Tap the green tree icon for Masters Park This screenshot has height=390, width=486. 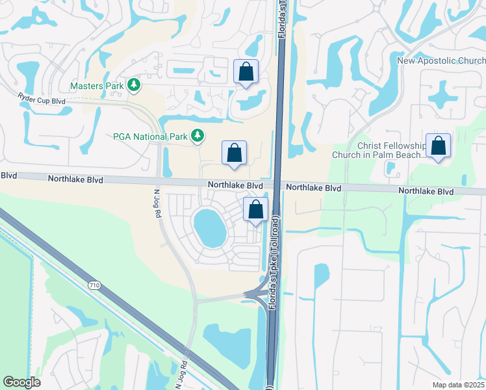tap(134, 85)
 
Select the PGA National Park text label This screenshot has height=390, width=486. tap(149, 136)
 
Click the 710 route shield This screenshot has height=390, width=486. tap(96, 285)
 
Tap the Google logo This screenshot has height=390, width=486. tap(22, 382)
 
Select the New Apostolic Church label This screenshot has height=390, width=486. tap(441, 61)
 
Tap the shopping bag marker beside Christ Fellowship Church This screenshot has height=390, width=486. tap(439, 147)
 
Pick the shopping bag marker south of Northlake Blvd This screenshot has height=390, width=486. tap(256, 209)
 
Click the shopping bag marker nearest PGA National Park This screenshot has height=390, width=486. tap(234, 153)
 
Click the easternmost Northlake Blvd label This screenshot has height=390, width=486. tap(426, 192)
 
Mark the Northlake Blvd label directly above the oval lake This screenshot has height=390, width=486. tap(235, 185)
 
